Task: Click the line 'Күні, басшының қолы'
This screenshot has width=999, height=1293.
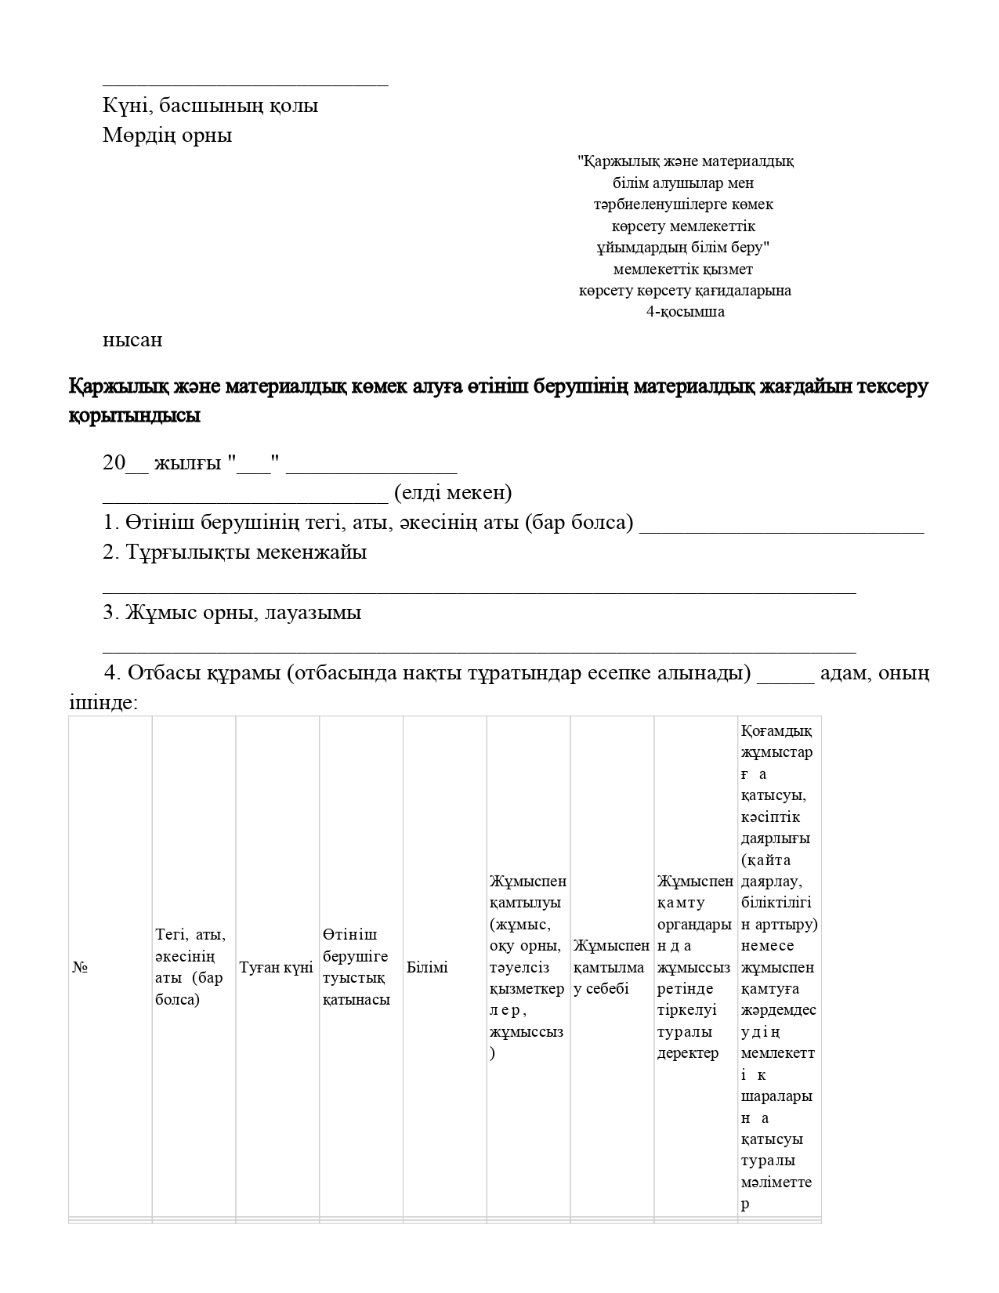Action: (210, 105)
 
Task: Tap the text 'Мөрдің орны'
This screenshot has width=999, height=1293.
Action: (167, 135)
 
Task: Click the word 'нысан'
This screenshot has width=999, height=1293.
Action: (132, 340)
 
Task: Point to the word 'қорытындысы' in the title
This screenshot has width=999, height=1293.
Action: (134, 415)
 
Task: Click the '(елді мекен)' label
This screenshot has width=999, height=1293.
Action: (453, 493)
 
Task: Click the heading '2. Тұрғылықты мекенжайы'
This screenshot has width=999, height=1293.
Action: (235, 552)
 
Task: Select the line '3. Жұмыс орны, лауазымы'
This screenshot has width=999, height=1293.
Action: (232, 612)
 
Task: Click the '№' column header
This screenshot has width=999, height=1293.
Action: (80, 968)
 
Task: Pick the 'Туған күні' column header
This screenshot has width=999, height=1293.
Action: (277, 968)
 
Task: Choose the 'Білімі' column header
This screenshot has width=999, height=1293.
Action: (427, 968)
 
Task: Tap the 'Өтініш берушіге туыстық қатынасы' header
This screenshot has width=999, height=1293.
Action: (357, 967)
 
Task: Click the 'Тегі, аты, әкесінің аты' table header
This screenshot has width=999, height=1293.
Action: (191, 967)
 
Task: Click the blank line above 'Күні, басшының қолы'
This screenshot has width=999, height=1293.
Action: (245, 82)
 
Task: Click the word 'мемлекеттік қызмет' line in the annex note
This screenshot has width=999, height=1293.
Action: (683, 270)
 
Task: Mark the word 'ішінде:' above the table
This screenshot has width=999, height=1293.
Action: (103, 703)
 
